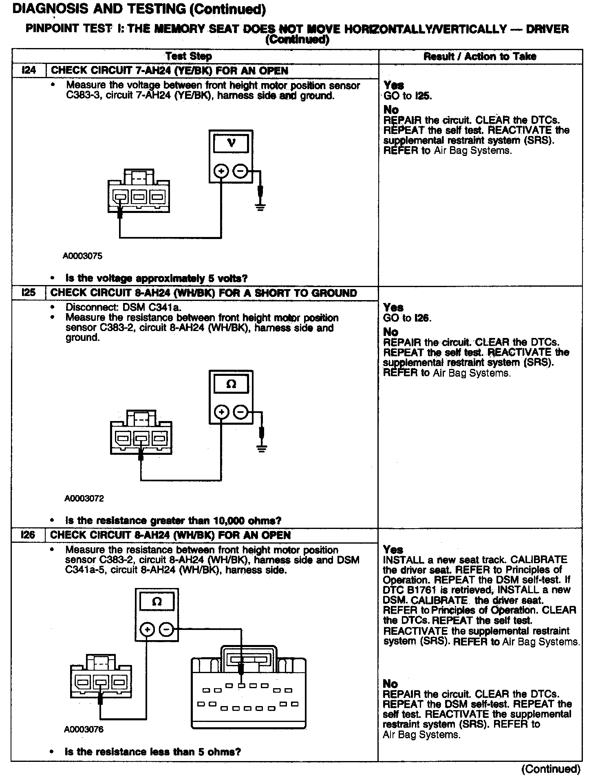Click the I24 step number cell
coord(29,70)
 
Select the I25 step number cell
coord(29,293)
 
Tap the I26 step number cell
coord(28,535)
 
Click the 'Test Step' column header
coord(189,56)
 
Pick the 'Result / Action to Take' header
coord(480,56)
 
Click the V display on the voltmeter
coord(231,143)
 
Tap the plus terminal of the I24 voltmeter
coord(221,171)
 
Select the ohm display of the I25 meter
coord(231,384)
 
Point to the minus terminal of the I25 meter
coord(241,412)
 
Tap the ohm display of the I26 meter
coord(157,601)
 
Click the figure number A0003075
coord(83,256)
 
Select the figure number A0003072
coord(84,498)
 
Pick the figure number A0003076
coord(84,729)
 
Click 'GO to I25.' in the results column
coord(407,96)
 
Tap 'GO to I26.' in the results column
coord(407,318)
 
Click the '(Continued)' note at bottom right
coord(551,769)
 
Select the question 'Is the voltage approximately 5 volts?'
coord(157,279)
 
